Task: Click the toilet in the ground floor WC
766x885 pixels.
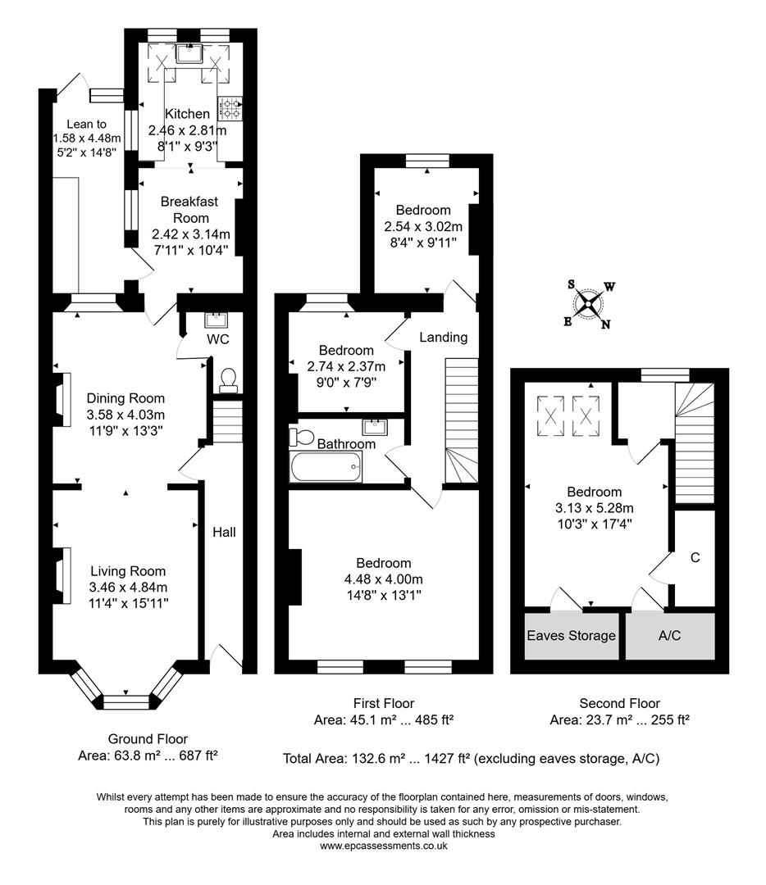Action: (227, 377)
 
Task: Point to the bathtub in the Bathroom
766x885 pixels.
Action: (326, 469)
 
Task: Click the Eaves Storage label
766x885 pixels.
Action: (571, 635)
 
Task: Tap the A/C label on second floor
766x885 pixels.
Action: (669, 635)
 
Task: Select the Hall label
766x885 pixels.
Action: (224, 532)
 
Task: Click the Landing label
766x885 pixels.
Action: (443, 337)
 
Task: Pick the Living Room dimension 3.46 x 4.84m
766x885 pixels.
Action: (128, 588)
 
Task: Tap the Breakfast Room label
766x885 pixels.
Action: (184, 210)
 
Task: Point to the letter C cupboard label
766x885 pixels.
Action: (695, 557)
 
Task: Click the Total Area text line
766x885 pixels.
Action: (470, 759)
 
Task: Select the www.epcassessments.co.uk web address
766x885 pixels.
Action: (383, 846)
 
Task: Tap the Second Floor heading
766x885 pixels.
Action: (619, 703)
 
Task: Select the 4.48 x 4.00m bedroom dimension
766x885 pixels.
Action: (384, 579)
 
